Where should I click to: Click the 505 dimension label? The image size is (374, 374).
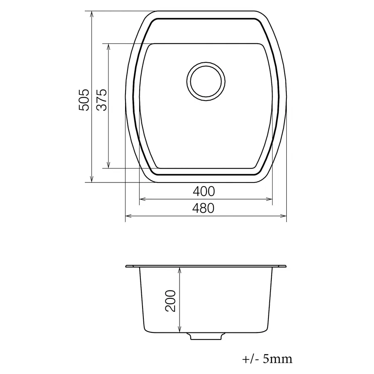tap(84, 99)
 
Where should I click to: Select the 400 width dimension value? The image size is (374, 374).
tap(204, 192)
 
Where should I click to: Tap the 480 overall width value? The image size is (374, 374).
tap(204, 208)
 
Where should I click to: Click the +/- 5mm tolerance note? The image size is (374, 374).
tap(267, 358)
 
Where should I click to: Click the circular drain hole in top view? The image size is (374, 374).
tap(206, 81)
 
